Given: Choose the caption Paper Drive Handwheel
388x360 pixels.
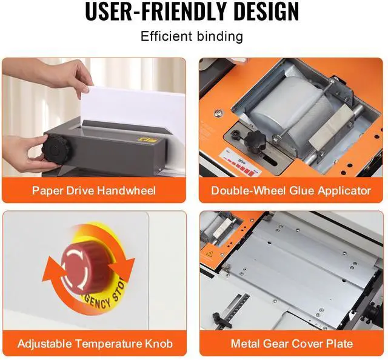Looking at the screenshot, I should (x=94, y=190).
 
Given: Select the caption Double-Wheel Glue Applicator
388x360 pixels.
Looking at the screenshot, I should (x=291, y=190).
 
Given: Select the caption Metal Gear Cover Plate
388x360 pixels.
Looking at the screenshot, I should (x=291, y=344).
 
